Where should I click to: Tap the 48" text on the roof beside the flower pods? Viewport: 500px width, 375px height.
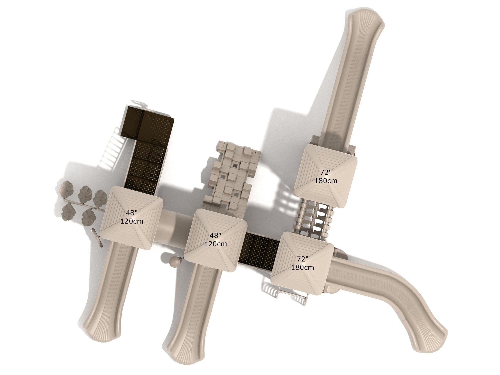[132, 213]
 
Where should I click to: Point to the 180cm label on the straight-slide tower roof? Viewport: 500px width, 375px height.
[326, 181]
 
